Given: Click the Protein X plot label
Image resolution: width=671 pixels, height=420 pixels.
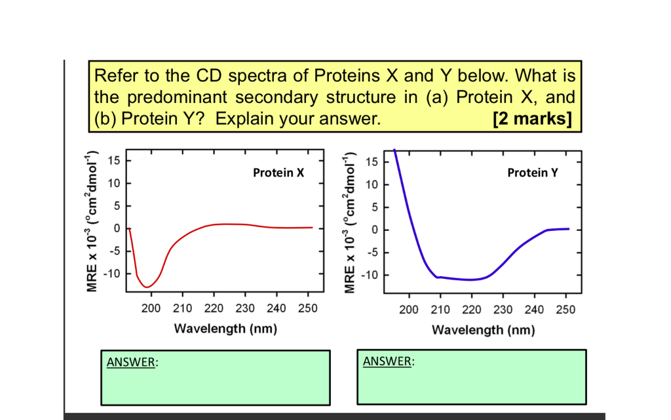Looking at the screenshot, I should tap(278, 173).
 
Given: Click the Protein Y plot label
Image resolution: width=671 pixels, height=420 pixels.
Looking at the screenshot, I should tap(533, 173).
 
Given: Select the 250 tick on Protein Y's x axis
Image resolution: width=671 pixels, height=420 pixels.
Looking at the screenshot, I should tap(565, 310).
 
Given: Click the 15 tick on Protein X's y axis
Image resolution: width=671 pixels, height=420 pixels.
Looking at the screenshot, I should tap(114, 161).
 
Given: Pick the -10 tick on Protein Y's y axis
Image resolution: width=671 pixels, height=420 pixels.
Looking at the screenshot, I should tap(370, 275).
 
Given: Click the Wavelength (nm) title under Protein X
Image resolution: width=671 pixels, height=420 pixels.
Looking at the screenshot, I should tap(225, 328).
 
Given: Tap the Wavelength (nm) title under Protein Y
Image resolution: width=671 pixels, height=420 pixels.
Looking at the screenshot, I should tap(483, 329).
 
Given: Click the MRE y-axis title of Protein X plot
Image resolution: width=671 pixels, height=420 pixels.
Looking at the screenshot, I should tap(93, 221).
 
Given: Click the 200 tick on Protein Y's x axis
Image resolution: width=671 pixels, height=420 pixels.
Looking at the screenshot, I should tap(409, 310).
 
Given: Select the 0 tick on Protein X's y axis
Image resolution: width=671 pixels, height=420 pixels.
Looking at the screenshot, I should tap(117, 228).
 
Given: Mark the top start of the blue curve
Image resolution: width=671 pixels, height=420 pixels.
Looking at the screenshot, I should tap(394, 151).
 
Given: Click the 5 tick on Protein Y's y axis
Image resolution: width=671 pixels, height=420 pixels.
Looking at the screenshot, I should tap(374, 207).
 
